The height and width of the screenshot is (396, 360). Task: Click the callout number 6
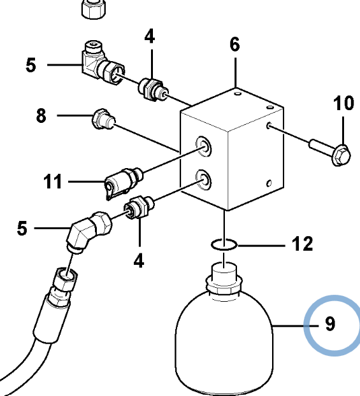coord(235,45)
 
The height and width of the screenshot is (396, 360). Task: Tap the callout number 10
coord(343,103)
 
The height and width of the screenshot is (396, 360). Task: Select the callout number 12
coord(303,244)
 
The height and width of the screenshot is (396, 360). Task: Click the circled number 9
coord(330,323)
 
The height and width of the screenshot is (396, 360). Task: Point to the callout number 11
coord(53,181)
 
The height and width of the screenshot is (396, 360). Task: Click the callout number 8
coord(41,115)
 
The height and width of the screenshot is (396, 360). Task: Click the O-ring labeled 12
coord(224,244)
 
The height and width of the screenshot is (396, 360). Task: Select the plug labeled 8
coord(104,120)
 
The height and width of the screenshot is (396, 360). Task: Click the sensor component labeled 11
coord(123,182)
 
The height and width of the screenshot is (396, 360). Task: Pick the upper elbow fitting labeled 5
coord(103,63)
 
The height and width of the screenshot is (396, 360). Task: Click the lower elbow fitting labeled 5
coord(89,231)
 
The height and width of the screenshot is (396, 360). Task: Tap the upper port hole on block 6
coord(204,146)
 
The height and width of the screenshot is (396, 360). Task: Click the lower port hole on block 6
coord(204,180)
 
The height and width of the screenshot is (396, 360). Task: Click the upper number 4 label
coord(150,36)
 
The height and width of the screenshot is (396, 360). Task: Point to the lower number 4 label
coord(139,260)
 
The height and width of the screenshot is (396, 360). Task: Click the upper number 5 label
coord(31,65)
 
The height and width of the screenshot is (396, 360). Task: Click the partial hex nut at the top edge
coord(93,10)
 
